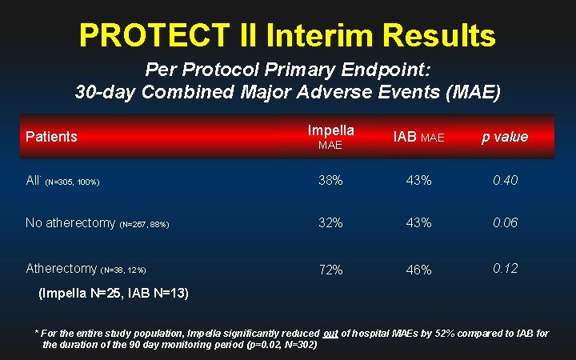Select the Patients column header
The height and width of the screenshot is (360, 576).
[x=51, y=137]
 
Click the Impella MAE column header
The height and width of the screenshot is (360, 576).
[x=330, y=137]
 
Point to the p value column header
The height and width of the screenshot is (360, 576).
[x=504, y=137]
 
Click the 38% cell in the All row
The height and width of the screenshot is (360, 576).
[x=330, y=181]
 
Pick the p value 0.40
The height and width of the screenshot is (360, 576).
[x=505, y=181]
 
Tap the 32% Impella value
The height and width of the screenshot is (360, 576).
[x=330, y=223]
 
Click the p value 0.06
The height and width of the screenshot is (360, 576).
[x=505, y=223]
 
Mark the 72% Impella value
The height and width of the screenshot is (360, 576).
[x=330, y=270]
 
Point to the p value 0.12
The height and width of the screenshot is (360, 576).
[x=505, y=268]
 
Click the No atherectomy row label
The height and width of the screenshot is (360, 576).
[x=70, y=223]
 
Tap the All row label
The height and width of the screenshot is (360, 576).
[x=33, y=181]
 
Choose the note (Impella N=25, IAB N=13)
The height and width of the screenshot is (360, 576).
[x=114, y=294]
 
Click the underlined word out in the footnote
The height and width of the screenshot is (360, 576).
[x=334, y=333]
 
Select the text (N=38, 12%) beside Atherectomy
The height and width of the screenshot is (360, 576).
[x=123, y=270]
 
